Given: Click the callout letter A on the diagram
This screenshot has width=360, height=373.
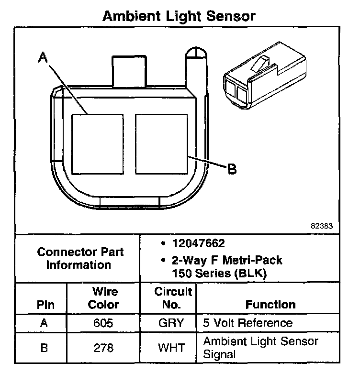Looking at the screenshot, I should (43, 58).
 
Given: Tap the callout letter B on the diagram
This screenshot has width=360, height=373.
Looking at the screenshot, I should (231, 169).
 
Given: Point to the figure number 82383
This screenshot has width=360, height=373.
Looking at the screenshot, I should (322, 225).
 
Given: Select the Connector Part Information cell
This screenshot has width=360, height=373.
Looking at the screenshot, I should (80, 258).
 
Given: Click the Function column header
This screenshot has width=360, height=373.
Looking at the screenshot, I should (270, 304).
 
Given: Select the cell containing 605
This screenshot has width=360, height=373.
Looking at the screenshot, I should (103, 323).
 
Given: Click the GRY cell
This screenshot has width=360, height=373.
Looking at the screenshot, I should (171, 323).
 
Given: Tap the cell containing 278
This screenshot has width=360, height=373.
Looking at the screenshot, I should (103, 348).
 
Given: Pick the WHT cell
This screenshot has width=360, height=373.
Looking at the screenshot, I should (171, 348).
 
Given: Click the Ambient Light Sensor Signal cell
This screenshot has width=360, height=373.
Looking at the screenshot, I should (260, 348).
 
